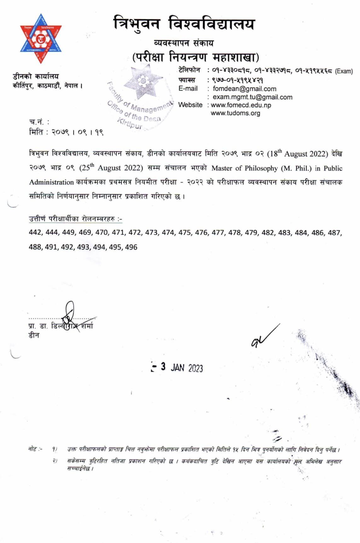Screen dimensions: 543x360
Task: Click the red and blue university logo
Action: (41, 39)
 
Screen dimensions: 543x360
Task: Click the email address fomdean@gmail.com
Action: (244, 89)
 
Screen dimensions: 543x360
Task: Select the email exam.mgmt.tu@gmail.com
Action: (252, 97)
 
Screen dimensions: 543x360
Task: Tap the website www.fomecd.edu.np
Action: (241, 105)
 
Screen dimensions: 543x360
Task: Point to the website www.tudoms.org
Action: (235, 113)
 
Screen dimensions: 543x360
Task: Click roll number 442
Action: (35, 232)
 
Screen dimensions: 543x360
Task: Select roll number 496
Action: (131, 247)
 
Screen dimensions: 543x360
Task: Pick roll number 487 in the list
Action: (334, 233)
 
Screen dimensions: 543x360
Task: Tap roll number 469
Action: (85, 232)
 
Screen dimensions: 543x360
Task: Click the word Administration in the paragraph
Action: (51, 182)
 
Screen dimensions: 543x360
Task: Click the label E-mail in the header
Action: (188, 89)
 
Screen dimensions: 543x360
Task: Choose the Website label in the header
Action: (190, 105)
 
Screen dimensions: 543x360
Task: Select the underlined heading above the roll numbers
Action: (75, 219)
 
